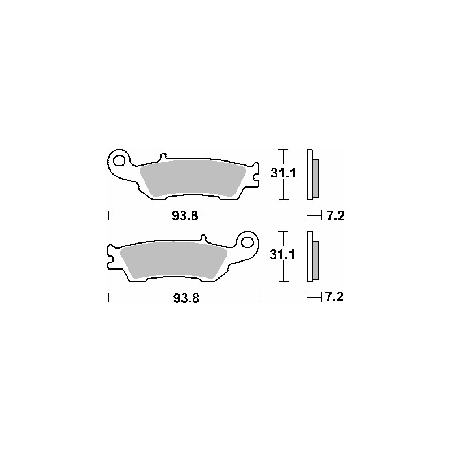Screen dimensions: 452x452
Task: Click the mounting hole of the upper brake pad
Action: pyautogui.click(x=119, y=160)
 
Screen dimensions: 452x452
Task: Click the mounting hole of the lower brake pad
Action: pyautogui.click(x=247, y=242)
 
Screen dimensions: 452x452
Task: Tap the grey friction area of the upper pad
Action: pyautogui.click(x=192, y=178)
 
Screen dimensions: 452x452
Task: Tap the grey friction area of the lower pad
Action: pyautogui.click(x=173, y=260)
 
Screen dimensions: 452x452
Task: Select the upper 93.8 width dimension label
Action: pyautogui.click(x=185, y=216)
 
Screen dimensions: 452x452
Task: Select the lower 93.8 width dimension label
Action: pyautogui.click(x=186, y=298)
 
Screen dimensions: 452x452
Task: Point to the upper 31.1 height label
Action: pyautogui.click(x=284, y=173)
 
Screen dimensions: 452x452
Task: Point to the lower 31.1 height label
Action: pyautogui.click(x=282, y=255)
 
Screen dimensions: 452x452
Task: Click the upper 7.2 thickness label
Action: pyautogui.click(x=335, y=216)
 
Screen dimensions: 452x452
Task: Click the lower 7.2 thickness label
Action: pyautogui.click(x=334, y=297)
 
